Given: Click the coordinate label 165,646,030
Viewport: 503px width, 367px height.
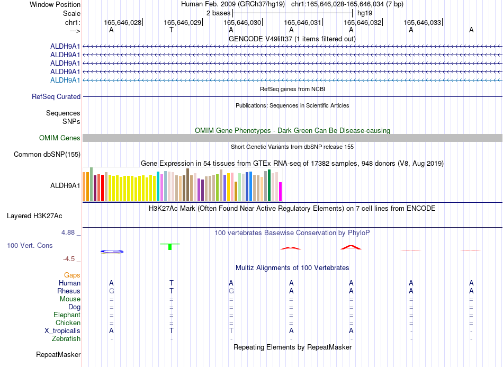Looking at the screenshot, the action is (x=242, y=22).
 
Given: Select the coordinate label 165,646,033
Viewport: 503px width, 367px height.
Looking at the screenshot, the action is (x=422, y=22).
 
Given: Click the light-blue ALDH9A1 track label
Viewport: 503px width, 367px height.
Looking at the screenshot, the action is (x=65, y=80).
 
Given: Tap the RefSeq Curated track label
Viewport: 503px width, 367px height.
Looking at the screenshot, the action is (x=56, y=96).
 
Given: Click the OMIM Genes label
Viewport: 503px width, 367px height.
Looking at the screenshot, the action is (x=60, y=138).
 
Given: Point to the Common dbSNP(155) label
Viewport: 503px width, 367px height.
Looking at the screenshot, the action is (x=47, y=154).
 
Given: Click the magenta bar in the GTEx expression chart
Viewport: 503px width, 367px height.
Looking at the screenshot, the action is (x=281, y=192).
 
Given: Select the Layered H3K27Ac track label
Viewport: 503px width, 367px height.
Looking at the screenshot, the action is (x=34, y=216).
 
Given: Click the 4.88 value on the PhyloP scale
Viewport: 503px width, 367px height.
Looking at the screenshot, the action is (x=68, y=232).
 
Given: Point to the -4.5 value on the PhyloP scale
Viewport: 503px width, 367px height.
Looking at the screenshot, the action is (x=69, y=259).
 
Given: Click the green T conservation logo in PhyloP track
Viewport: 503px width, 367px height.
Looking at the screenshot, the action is (x=170, y=246).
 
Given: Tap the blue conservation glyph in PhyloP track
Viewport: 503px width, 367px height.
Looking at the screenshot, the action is (x=112, y=252).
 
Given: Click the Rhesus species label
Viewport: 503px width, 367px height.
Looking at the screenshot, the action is (x=69, y=291).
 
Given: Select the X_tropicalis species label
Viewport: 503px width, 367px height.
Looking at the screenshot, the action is (x=62, y=331).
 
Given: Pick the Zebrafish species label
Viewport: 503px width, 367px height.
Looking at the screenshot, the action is (x=66, y=339).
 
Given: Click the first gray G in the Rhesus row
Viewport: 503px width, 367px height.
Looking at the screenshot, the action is (x=112, y=291).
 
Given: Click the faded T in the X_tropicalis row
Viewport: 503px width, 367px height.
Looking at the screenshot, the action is (x=231, y=331).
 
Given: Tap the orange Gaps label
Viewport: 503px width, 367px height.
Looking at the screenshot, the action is (x=72, y=275).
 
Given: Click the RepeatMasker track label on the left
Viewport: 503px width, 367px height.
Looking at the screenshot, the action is (x=58, y=354).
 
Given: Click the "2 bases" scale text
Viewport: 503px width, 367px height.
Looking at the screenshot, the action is (x=219, y=13).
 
